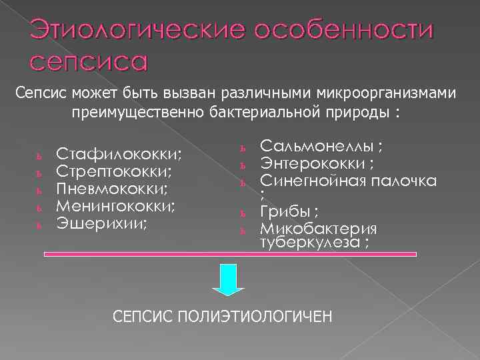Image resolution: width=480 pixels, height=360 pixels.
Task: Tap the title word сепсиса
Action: point(87,61)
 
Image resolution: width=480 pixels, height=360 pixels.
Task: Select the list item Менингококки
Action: point(115,206)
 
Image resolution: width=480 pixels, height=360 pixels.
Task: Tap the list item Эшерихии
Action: point(101,223)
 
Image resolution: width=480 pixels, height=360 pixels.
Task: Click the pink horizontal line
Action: point(230,254)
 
